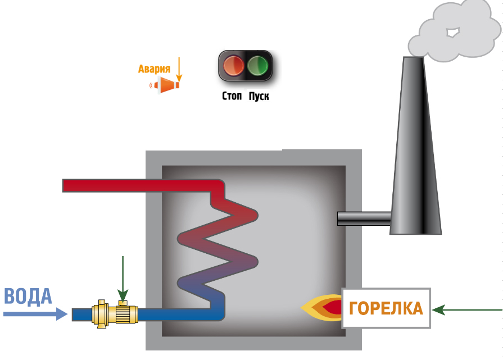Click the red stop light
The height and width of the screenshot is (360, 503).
[x=234, y=65]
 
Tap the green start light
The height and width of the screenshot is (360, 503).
[x=259, y=65]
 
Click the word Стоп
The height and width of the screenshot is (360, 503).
[x=232, y=97]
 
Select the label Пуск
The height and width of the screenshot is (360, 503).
[x=259, y=97]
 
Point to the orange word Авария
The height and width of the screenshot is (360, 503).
[x=154, y=70]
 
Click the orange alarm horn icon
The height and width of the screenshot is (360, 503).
[x=167, y=85]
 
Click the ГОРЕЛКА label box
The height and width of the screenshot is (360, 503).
[x=386, y=308]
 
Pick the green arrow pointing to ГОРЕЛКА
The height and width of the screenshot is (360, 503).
[x=467, y=309]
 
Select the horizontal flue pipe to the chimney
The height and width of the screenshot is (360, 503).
[x=364, y=218]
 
